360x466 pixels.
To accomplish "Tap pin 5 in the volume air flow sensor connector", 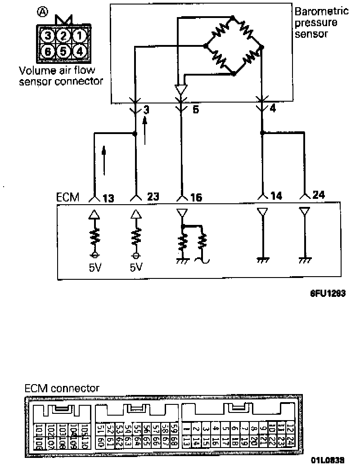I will click(x=63, y=51).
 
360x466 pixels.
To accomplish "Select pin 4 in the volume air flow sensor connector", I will click(x=79, y=51).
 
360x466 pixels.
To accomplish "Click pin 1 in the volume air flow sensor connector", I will click(x=79, y=35).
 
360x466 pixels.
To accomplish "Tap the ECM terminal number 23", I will click(x=153, y=197).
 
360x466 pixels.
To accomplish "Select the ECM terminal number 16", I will click(x=196, y=197).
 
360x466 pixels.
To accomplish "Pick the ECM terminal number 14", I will click(x=276, y=196).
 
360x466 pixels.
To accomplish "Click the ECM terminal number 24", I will click(x=318, y=196).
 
